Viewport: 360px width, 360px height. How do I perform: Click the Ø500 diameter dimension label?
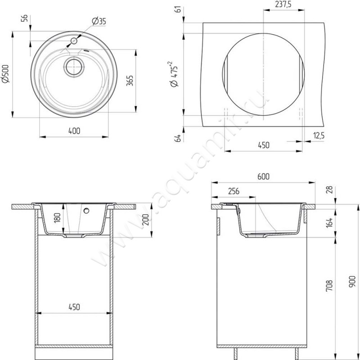pos(5,74)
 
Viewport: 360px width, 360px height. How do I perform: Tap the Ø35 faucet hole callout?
pos(99,21)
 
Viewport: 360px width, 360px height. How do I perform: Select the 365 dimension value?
pos(130,81)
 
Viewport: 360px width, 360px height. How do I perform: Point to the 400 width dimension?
pos(74,130)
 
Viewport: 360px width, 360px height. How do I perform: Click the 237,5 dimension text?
pos(283,4)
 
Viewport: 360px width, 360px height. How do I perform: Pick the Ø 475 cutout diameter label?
pos(175,74)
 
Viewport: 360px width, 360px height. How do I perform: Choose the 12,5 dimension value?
pos(319,136)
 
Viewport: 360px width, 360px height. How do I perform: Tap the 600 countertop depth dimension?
pos(263,176)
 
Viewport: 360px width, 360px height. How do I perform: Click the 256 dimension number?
pos(234,191)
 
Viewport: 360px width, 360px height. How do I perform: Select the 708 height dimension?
pos(329,286)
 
